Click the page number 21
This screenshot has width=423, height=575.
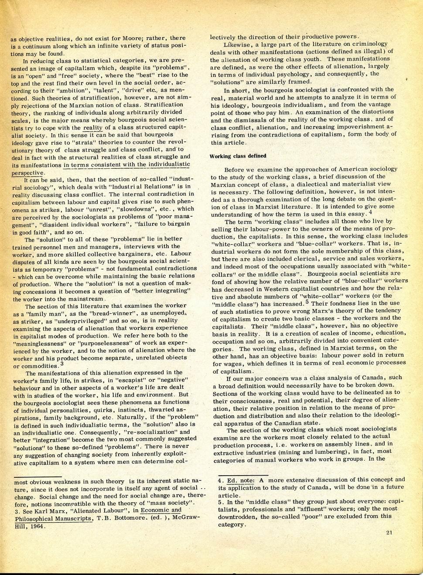pyautogui.click(x=389, y=544)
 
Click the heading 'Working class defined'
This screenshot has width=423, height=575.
pyautogui.click(x=238, y=156)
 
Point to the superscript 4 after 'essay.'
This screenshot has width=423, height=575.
pyautogui.click(x=370, y=211)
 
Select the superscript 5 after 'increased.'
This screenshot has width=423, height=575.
pyautogui.click(x=307, y=302)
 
